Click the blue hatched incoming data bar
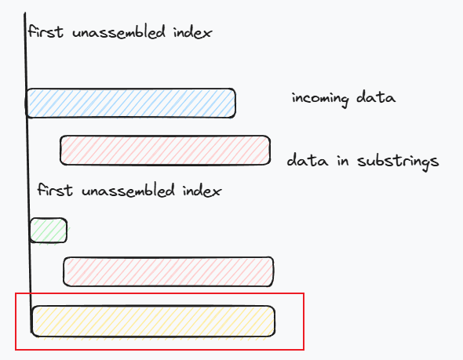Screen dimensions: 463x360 130,104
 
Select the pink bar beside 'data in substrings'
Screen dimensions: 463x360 165,151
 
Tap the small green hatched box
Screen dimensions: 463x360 49,231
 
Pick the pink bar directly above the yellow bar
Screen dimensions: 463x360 168,271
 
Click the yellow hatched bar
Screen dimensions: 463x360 153,321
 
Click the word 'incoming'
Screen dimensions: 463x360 320,99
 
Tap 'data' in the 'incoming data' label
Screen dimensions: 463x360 376,97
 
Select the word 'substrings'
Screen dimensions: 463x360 398,161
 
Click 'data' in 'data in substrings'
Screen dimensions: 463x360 308,160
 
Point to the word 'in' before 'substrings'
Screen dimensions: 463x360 342,161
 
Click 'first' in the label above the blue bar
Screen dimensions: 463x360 46,31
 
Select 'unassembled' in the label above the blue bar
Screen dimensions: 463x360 118,31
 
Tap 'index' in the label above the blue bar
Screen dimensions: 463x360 192,32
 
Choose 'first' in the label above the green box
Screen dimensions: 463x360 55,190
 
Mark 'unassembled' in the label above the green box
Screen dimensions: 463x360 128,190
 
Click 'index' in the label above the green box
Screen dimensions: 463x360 202,191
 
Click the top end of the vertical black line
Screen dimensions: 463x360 25,13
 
